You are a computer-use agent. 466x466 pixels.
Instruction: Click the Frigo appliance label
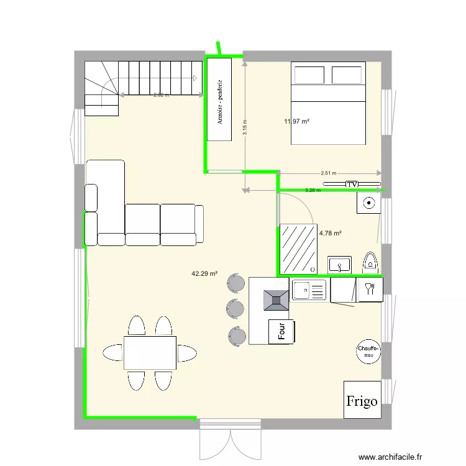[362, 401]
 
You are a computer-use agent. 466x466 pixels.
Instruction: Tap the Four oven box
[280, 331]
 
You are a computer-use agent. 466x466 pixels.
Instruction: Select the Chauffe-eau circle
[368, 352]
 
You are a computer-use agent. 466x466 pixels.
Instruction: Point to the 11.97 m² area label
[297, 121]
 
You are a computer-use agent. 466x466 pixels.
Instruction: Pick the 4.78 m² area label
[331, 234]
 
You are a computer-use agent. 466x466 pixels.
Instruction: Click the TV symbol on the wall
[352, 185]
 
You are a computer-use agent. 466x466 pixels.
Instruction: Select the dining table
[150, 352]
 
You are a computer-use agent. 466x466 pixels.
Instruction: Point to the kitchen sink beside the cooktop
[309, 290]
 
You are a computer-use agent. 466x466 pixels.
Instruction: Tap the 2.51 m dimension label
[328, 173]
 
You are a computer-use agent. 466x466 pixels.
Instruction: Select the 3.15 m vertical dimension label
[245, 127]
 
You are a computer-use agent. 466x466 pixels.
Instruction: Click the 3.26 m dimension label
[313, 190]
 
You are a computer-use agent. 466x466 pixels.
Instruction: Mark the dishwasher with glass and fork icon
[370, 288]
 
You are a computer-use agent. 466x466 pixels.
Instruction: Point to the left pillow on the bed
[309, 75]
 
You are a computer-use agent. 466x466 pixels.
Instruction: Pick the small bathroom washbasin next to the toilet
[339, 265]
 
